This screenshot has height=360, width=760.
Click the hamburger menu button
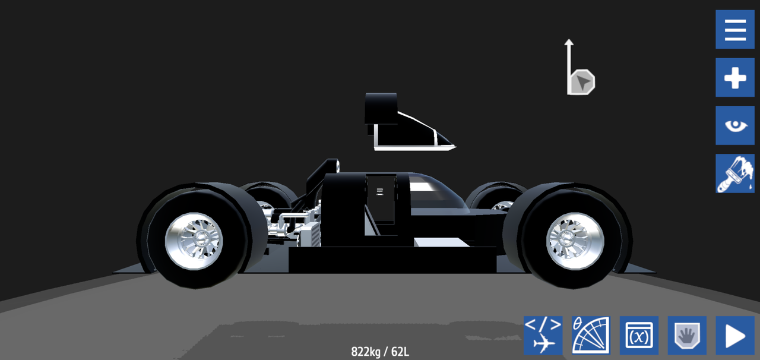(x=735, y=29)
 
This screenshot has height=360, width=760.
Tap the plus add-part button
(x=735, y=77)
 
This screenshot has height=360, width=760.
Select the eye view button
(x=735, y=125)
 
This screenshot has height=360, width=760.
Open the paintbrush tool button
(x=735, y=173)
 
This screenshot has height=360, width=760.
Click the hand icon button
(x=687, y=336)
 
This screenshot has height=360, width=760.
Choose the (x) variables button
(x=639, y=336)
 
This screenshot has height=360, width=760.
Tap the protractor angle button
(x=591, y=336)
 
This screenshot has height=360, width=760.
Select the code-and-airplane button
(x=543, y=336)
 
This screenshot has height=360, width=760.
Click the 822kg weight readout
(x=366, y=352)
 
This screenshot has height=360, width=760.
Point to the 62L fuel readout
(x=400, y=352)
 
